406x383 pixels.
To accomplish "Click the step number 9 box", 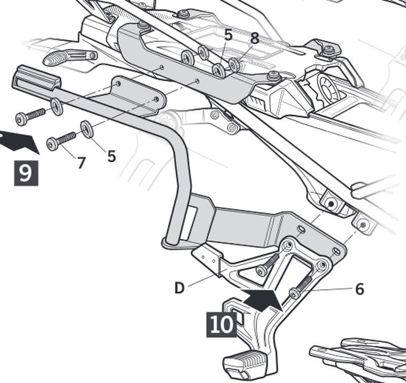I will click(x=25, y=172).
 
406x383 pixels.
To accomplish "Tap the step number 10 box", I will click(x=222, y=324).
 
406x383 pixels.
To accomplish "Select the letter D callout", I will click(x=179, y=288).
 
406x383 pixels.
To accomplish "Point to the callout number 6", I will click(x=359, y=289).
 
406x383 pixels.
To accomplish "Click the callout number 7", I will click(x=81, y=163).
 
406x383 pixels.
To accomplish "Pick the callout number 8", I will click(x=254, y=38).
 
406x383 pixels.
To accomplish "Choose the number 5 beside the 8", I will click(x=228, y=35).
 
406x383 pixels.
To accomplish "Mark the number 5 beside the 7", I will click(x=111, y=156).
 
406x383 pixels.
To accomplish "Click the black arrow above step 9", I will click(x=19, y=141).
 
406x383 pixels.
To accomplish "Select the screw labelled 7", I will click(x=60, y=141).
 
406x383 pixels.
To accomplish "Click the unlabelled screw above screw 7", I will click(x=30, y=116).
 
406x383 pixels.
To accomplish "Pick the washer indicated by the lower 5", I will click(x=87, y=129).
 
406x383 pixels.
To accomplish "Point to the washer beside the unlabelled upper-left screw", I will click(x=56, y=107).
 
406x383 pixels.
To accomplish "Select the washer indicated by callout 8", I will click(x=234, y=65).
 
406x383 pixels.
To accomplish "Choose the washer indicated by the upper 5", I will click(x=219, y=71).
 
